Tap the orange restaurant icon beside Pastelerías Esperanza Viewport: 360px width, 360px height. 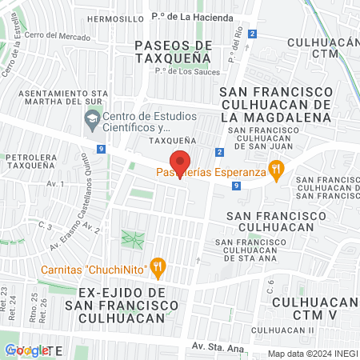point(277,168)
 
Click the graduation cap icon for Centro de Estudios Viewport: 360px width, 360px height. point(91,119)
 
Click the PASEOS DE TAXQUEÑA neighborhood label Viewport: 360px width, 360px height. point(173,51)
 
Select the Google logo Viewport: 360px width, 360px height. point(26,350)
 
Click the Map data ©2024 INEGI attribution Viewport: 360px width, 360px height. point(311,354)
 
